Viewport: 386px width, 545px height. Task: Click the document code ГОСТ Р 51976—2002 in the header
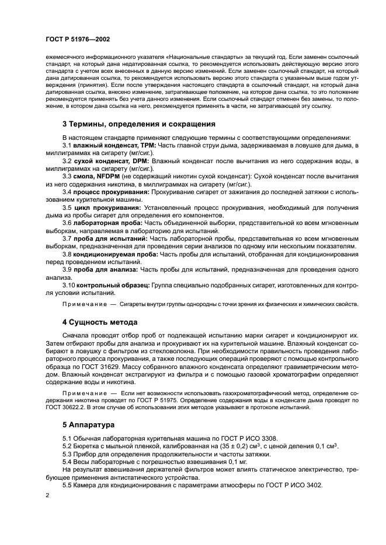[x=78, y=39]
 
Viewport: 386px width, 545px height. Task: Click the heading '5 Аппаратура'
[x=88, y=426]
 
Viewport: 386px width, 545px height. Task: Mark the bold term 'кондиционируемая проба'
[x=116, y=254]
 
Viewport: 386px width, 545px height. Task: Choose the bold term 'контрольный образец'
[x=113, y=285]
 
